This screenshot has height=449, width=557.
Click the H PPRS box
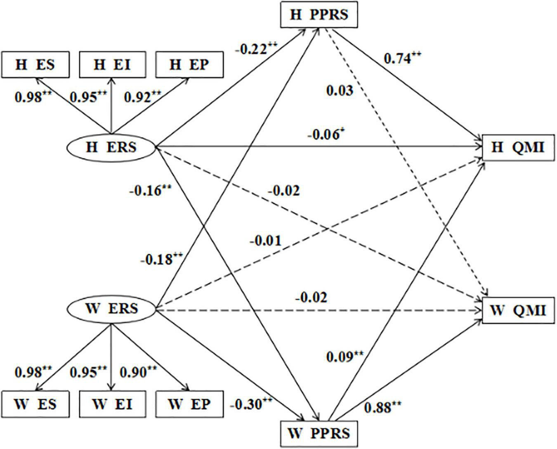319,14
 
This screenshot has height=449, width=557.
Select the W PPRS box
319,433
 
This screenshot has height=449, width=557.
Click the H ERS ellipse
111,147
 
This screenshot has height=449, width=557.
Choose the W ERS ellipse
111,309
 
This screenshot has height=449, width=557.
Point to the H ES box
35,65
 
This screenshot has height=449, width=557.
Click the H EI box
112,65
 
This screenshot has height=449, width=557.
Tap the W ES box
35,403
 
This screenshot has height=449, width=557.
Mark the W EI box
112,403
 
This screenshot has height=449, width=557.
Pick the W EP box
189,403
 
